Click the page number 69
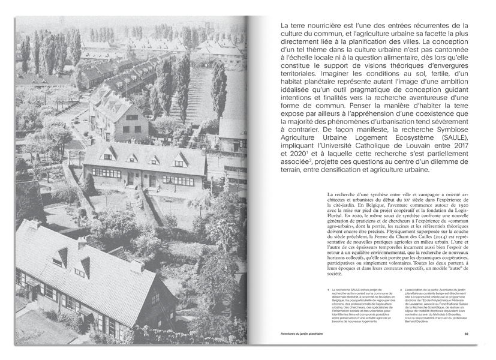point(466,334)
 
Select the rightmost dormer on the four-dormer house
point(179,160)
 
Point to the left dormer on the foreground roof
point(59,257)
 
